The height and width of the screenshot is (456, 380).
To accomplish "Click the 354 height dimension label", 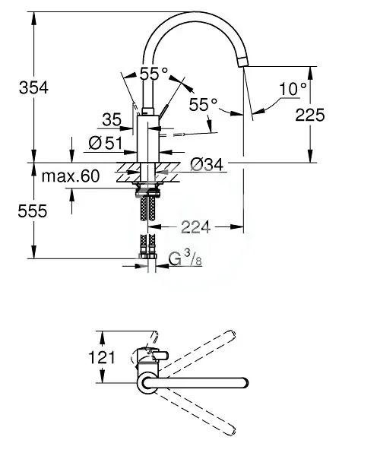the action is [x=33, y=87].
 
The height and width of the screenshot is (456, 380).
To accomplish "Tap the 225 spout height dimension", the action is [x=310, y=115].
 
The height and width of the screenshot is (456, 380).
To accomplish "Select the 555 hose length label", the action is [x=32, y=211].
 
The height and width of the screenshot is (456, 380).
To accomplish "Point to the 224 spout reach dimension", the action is [x=195, y=226].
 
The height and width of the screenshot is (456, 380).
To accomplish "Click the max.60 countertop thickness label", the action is [x=71, y=176].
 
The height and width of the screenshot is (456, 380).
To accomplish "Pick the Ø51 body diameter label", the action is [x=106, y=143].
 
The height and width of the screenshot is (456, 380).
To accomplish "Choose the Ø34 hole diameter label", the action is [x=207, y=164].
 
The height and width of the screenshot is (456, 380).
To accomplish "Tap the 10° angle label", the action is [x=293, y=89].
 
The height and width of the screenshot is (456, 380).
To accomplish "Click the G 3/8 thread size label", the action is [x=185, y=258].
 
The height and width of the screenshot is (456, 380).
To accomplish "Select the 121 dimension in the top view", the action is [x=102, y=357].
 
